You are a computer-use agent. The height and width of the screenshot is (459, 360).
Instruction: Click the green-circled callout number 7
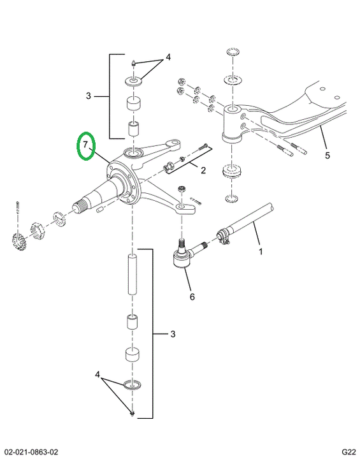coord(85,145)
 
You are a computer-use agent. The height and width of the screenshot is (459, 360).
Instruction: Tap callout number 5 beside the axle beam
coord(328,156)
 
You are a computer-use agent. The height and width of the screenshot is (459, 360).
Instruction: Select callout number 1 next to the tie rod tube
coord(261,251)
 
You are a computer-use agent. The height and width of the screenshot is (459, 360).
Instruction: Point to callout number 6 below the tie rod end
coord(192,297)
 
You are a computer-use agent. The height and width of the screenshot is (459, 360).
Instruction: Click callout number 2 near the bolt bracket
coord(203,170)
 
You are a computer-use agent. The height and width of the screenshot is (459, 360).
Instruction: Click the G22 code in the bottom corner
coord(349,452)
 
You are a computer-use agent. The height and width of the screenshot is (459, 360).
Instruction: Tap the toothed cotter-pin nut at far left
coord(18,240)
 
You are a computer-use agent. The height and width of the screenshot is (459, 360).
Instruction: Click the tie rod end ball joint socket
coord(182,258)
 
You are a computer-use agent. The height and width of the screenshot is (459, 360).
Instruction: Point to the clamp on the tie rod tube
coord(223,237)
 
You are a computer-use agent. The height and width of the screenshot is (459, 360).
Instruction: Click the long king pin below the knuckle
coord(133,274)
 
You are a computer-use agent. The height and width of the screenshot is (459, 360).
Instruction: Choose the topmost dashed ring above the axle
coord(233,52)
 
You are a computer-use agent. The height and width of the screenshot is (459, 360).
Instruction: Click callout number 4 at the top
coord(168,57)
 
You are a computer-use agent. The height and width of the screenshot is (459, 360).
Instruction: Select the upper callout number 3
coord(89,96)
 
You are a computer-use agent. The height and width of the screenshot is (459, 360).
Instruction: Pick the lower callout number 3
coord(173,334)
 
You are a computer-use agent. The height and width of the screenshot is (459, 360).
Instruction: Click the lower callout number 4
coord(97,375)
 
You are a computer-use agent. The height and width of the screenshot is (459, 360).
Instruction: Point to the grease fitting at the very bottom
coord(133,413)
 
